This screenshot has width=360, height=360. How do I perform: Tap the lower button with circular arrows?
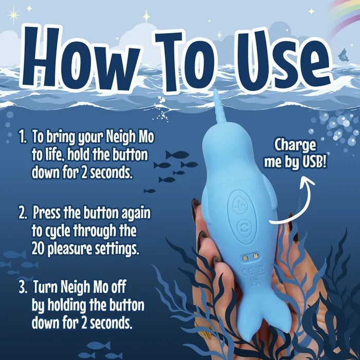[x=242, y=226]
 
